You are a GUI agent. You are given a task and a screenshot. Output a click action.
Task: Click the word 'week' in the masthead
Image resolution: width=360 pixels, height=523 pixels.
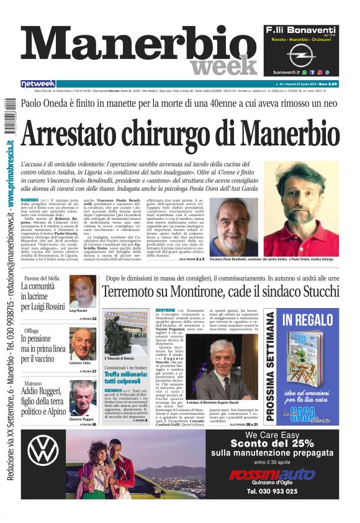pos(224,64)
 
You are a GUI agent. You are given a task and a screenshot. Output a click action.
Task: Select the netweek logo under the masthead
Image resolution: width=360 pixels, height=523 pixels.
pos(38,84)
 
